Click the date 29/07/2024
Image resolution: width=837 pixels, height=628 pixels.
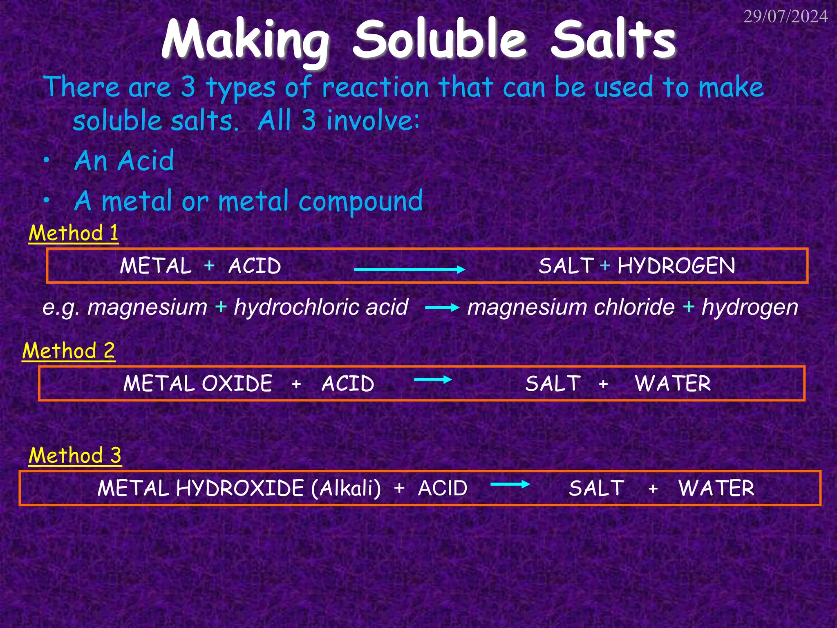(785, 17)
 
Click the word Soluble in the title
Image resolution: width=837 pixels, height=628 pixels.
(440, 40)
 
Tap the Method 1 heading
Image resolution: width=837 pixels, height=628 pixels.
(74, 233)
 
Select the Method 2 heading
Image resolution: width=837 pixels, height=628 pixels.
(69, 351)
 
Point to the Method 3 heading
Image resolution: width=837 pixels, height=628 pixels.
(75, 455)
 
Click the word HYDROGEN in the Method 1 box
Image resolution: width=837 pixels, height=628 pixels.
(676, 266)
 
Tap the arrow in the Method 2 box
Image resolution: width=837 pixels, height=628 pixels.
(433, 379)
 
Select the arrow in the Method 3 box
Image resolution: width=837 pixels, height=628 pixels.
(510, 484)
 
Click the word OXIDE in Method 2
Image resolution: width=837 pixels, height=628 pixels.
(237, 384)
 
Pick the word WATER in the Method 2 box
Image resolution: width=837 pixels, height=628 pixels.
(673, 384)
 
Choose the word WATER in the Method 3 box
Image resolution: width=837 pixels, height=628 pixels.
(716, 488)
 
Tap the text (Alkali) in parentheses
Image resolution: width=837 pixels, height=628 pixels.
(346, 488)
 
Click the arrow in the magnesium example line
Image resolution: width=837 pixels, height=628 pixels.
(442, 308)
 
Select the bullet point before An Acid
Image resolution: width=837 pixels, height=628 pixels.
(47, 161)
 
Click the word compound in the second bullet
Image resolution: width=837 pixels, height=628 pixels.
(360, 201)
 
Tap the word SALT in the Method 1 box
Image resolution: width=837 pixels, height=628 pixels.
(566, 266)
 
